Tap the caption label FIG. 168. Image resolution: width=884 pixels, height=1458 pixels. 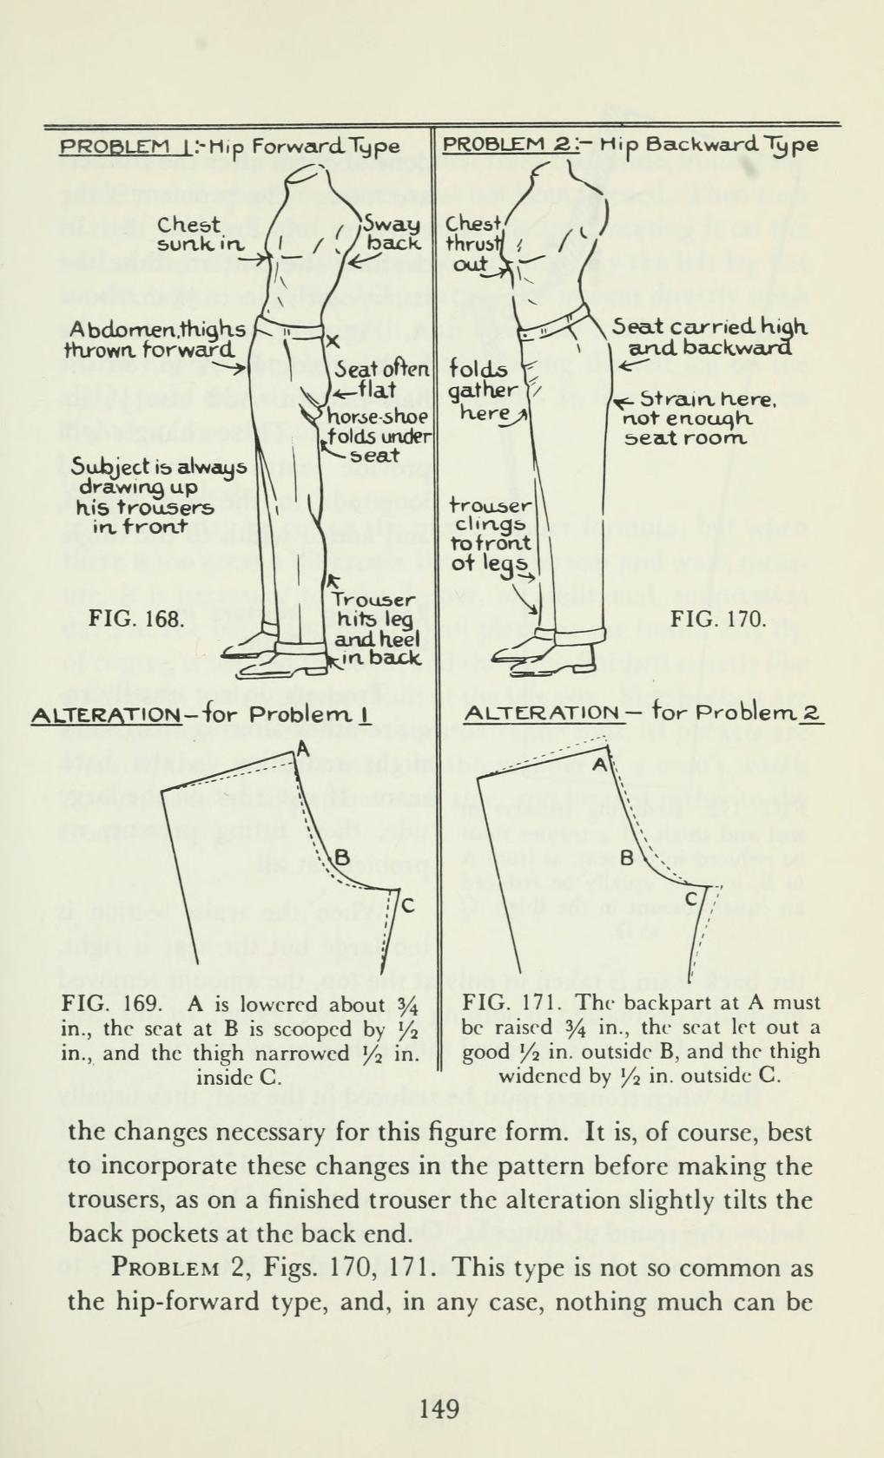click(136, 621)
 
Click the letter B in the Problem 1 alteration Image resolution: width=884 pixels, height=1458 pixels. click(340, 860)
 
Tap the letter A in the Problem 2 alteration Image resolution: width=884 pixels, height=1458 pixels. click(599, 765)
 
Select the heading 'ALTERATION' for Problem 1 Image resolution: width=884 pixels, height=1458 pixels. click(106, 716)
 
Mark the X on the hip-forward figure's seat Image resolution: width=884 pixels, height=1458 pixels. click(330, 343)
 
